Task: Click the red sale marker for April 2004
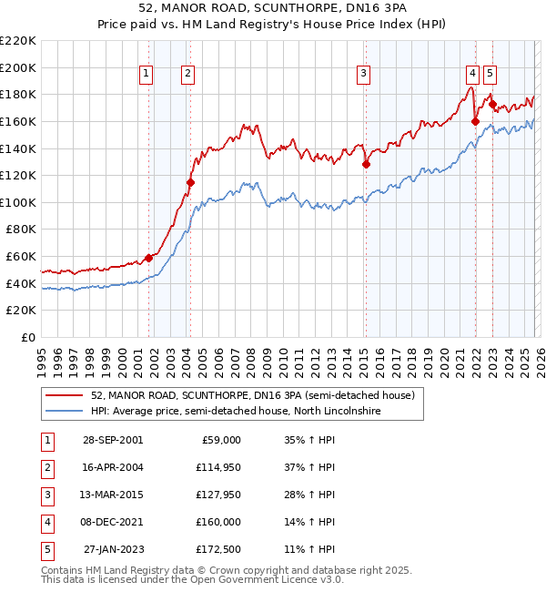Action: [190, 182]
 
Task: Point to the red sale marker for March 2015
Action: [366, 165]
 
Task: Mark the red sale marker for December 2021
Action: [475, 121]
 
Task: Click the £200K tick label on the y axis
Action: [18, 67]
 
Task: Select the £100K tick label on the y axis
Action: [18, 202]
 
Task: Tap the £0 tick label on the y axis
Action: [27, 337]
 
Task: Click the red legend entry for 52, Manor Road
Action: [252, 395]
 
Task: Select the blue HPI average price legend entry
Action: [234, 412]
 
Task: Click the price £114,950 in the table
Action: [217, 467]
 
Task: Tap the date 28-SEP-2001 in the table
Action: [112, 440]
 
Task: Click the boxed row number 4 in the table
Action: [46, 522]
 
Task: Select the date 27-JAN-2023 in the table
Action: [113, 549]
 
